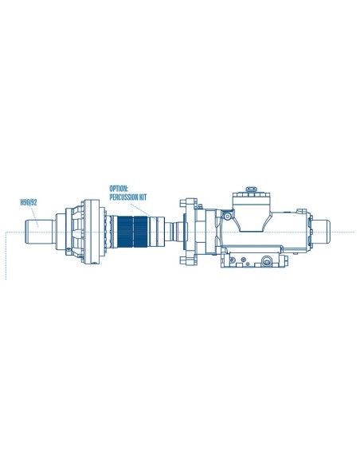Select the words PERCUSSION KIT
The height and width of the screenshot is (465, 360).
point(129,197)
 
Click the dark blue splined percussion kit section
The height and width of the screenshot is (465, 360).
point(131,232)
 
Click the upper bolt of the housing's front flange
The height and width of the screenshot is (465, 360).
point(186,202)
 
